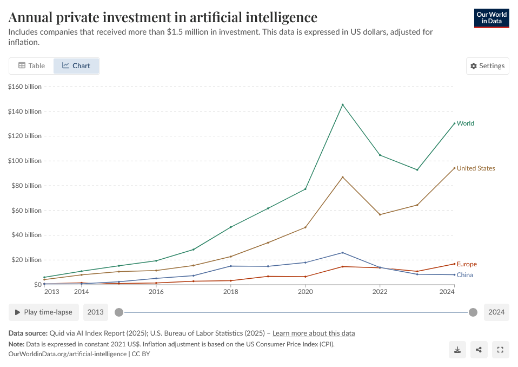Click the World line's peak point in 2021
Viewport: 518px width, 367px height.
(x=342, y=104)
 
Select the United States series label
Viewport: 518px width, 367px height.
(x=475, y=168)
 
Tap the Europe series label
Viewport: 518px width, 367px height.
(x=467, y=264)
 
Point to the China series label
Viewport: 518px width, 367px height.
(x=464, y=275)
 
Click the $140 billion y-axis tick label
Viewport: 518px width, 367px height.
(x=25, y=112)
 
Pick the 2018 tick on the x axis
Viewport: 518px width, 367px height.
(x=231, y=292)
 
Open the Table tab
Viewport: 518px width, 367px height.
(x=31, y=66)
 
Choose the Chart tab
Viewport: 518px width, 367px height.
(x=76, y=66)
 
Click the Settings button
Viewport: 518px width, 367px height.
(x=487, y=66)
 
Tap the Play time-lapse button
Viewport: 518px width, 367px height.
(x=44, y=312)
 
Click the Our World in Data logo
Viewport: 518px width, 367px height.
(x=492, y=18)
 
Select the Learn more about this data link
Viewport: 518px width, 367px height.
(x=314, y=333)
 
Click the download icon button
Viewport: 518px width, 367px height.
(x=457, y=350)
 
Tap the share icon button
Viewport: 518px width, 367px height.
(x=479, y=350)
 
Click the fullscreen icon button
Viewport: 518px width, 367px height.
(x=500, y=350)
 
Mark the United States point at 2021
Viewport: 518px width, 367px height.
(x=342, y=177)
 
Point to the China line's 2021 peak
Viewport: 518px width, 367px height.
(x=342, y=252)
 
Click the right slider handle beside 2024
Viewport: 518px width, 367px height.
(x=473, y=312)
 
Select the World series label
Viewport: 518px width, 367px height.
(x=465, y=123)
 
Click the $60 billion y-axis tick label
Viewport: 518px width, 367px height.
(x=26, y=211)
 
